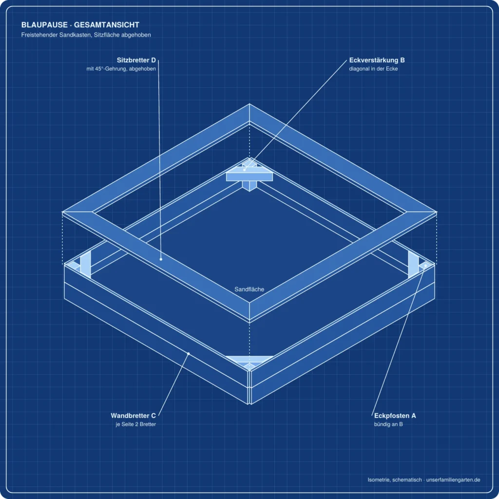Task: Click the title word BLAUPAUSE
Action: tap(44, 25)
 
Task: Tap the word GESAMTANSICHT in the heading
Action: tap(107, 25)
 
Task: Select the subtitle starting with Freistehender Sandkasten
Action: tap(86, 35)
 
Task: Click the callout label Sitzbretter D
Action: tap(136, 60)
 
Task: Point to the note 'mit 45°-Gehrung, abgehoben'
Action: tap(121, 69)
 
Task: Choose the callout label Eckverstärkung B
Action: tap(377, 60)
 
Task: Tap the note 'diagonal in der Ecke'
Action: tap(373, 69)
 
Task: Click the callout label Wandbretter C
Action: tap(134, 416)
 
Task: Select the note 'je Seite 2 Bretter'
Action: tap(136, 424)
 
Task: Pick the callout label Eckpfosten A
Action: tap(395, 416)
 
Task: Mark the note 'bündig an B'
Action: tap(388, 424)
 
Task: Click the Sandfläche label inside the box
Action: tap(249, 289)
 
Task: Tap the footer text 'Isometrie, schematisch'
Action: tap(395, 480)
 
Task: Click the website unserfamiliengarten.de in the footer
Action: tap(453, 480)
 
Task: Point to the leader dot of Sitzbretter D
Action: tap(161, 259)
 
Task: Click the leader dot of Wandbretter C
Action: tap(189, 354)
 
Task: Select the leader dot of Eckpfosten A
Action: tap(425, 266)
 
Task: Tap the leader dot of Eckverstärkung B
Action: tap(245, 170)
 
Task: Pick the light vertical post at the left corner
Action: tap(85, 264)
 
